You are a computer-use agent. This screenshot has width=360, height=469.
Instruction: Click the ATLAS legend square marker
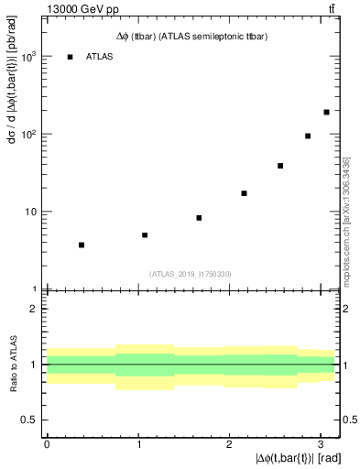(70, 57)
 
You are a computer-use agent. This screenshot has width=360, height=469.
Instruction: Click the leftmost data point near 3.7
(82, 245)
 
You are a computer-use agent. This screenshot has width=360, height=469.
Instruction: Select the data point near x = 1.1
(145, 235)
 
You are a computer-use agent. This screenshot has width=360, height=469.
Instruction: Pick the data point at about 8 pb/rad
(199, 218)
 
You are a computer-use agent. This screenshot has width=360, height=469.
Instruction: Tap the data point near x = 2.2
(244, 193)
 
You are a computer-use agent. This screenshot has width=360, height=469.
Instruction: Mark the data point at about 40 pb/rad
(280, 166)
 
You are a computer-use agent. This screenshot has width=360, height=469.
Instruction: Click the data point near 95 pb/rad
(308, 136)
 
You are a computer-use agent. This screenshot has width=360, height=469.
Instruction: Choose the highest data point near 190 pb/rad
(326, 112)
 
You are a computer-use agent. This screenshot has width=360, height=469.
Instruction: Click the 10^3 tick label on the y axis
(29, 56)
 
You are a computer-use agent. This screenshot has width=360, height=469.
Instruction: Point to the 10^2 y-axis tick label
(29, 134)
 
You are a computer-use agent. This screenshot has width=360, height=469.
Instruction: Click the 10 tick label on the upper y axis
(31, 212)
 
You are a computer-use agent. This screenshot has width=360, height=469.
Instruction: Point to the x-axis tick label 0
(47, 443)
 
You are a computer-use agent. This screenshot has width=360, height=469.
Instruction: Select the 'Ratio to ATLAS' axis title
(13, 364)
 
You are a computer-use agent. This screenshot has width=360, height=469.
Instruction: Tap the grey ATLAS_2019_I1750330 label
(191, 273)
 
